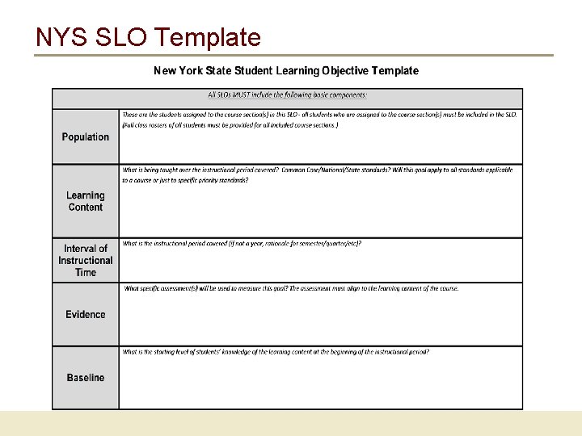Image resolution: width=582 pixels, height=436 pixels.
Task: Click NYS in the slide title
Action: pos(60,37)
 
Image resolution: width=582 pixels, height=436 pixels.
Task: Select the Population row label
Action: pos(85,137)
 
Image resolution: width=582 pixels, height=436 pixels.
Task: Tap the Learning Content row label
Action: pos(85,201)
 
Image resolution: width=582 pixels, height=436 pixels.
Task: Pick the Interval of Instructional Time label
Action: pos(85,260)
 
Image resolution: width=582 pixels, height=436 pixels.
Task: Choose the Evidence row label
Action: pos(85,315)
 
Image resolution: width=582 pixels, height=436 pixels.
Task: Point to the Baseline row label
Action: pos(85,378)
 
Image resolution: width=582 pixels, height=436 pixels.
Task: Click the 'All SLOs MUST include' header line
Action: pos(287,95)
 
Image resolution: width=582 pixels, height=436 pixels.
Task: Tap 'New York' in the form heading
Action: pos(177,71)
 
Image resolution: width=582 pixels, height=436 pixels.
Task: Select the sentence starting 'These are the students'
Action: pos(319,115)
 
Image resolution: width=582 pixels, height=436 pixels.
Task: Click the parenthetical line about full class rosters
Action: pos(230,125)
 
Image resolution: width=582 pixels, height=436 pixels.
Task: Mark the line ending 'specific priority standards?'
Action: pos(185,181)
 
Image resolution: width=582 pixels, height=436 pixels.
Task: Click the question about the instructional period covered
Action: pos(242,244)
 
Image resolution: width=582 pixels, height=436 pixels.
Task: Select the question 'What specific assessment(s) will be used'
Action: pos(290,288)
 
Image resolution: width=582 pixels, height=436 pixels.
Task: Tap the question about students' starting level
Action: pos(276,352)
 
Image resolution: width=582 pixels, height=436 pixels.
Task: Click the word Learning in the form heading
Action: pos(297,71)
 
